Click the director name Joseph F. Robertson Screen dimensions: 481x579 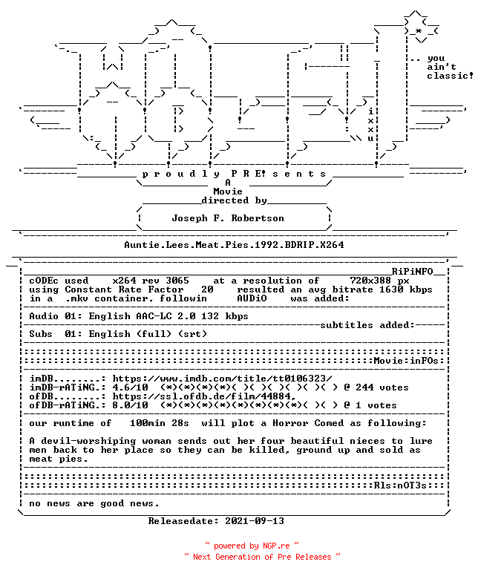pos(228,218)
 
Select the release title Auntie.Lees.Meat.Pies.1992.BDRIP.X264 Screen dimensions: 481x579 pos(234,245)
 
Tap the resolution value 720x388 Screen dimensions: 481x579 pos(370,281)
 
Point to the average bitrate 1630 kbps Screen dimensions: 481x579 pos(406,289)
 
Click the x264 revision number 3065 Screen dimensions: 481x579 pos(177,281)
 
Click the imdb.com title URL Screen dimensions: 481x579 pos(222,379)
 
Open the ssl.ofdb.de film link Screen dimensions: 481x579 pos(204,396)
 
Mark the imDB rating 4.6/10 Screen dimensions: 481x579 pos(131,387)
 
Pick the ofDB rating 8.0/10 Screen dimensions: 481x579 pos(131,405)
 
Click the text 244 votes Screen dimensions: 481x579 pos(382,387)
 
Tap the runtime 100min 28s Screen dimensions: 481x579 pos(160,423)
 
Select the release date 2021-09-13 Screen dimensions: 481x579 pos(255,521)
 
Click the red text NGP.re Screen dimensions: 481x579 pos(276,546)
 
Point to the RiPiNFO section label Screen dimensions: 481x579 pos(412,272)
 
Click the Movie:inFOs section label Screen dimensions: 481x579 pos(406,361)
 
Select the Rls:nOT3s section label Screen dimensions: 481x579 pos(400,485)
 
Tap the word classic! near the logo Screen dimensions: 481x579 pos(451,76)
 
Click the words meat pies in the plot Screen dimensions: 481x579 pos(59,459)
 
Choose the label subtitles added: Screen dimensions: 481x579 pos(367,325)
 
